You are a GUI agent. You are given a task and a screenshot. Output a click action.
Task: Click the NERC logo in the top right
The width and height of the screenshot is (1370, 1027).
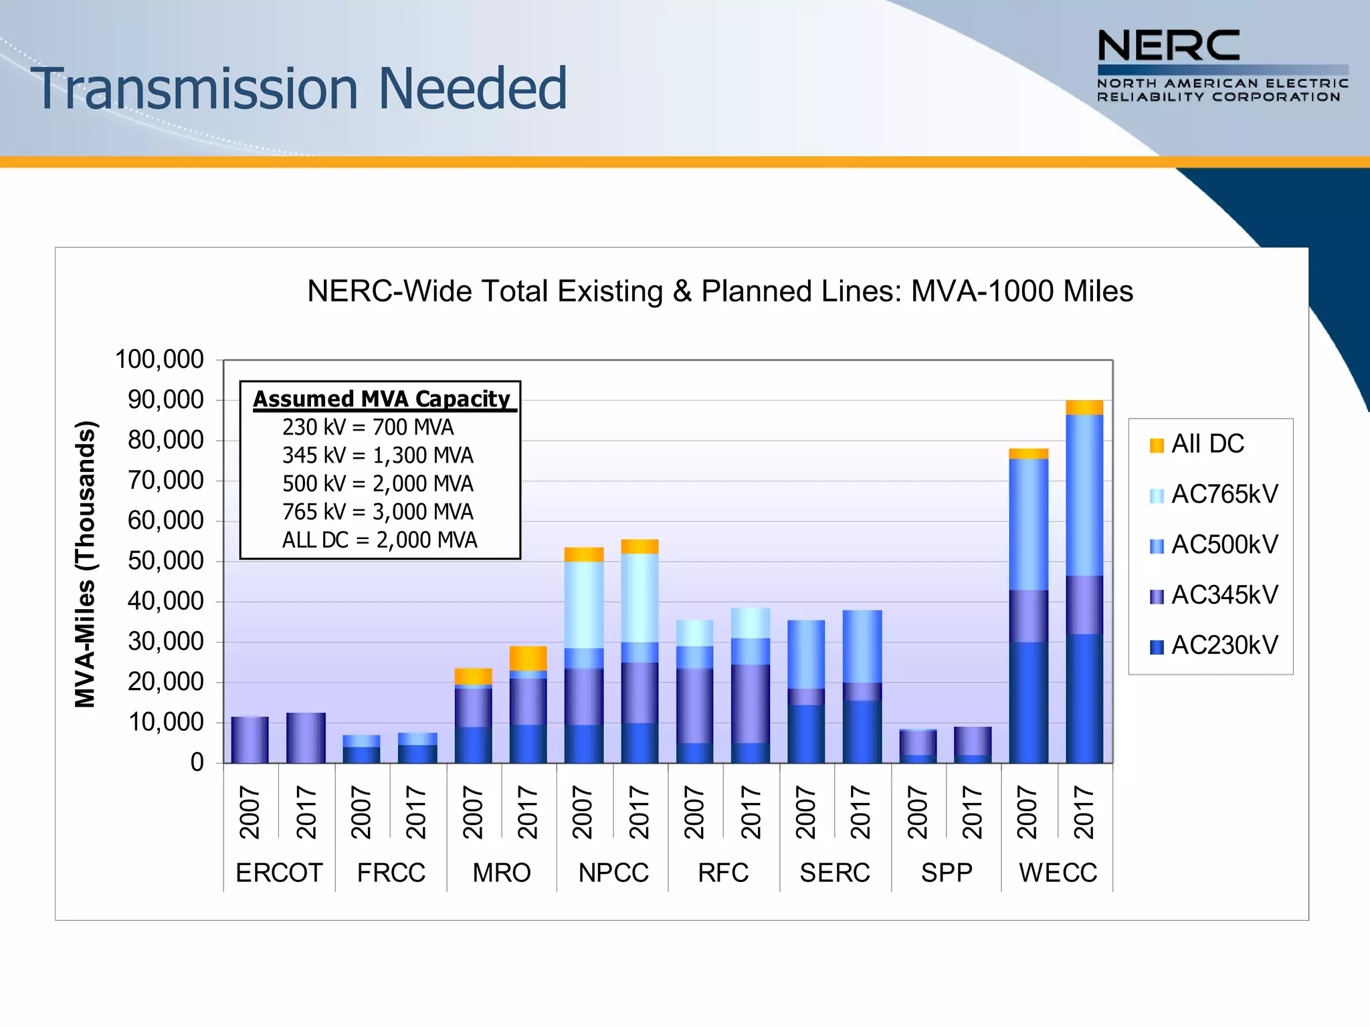pos(1222,66)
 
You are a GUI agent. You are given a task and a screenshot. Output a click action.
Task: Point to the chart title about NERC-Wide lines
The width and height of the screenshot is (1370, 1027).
pos(720,292)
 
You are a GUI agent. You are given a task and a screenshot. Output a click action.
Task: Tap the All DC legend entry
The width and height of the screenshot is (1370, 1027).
pos(1197,444)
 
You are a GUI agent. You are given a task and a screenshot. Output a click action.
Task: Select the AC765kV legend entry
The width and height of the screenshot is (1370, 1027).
pos(1213,495)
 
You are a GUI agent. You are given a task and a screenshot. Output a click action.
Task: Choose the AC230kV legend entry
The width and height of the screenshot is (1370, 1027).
pos(1213,645)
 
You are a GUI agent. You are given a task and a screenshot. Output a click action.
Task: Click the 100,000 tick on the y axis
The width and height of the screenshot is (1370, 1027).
pos(160,360)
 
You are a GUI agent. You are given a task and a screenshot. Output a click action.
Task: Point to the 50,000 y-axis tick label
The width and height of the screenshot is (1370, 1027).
pos(165,561)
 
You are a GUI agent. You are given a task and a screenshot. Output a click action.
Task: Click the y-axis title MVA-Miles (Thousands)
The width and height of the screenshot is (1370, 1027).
pos(86,564)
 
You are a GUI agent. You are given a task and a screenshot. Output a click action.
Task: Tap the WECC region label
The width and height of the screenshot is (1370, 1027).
pos(1058,873)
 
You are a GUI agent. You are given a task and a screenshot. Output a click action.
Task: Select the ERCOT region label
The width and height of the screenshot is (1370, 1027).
pos(279,873)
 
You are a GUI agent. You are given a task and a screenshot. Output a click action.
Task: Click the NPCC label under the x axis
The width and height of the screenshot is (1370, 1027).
pos(613,873)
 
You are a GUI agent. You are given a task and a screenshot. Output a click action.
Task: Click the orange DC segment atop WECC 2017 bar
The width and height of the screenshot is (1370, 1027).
pos(1084,407)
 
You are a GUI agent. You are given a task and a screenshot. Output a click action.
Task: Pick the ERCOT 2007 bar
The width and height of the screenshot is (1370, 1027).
pos(250,739)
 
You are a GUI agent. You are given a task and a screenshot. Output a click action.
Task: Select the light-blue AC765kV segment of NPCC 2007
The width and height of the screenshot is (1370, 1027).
pos(584,604)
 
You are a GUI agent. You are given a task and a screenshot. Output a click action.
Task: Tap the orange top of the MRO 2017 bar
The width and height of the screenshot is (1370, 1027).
pos(528,658)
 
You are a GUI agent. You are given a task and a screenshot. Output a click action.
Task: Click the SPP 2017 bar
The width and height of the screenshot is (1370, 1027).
pos(973,745)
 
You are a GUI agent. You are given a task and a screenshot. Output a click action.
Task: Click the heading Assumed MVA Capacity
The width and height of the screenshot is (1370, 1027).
pos(381,398)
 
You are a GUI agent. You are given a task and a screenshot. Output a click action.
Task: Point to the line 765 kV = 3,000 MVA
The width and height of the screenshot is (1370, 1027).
pos(377,512)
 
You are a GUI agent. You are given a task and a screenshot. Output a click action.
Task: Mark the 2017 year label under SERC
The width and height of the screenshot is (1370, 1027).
pos(861,812)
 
